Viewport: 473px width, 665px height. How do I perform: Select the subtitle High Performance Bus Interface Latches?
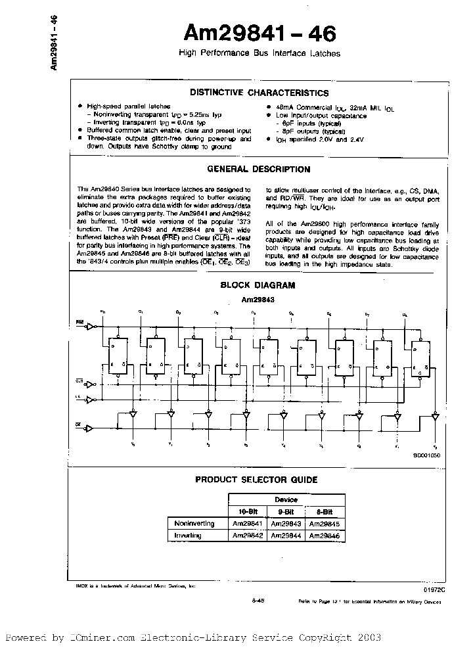(259, 53)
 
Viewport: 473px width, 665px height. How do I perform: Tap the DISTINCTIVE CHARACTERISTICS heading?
(259, 93)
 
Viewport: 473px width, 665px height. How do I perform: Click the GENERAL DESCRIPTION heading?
(259, 169)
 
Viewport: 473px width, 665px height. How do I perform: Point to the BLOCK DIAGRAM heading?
(258, 285)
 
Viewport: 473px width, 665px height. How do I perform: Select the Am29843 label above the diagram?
(258, 299)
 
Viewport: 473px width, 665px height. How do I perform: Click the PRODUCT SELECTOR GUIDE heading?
(257, 480)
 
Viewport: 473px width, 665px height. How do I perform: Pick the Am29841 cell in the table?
(248, 523)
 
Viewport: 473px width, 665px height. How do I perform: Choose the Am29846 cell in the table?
(325, 536)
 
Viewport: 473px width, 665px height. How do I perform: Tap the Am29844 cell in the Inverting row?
(286, 536)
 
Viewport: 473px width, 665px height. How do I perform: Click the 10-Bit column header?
(248, 511)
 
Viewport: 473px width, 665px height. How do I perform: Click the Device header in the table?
(286, 499)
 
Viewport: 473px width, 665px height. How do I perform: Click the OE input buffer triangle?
(91, 428)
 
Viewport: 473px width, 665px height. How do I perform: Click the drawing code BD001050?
(427, 455)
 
